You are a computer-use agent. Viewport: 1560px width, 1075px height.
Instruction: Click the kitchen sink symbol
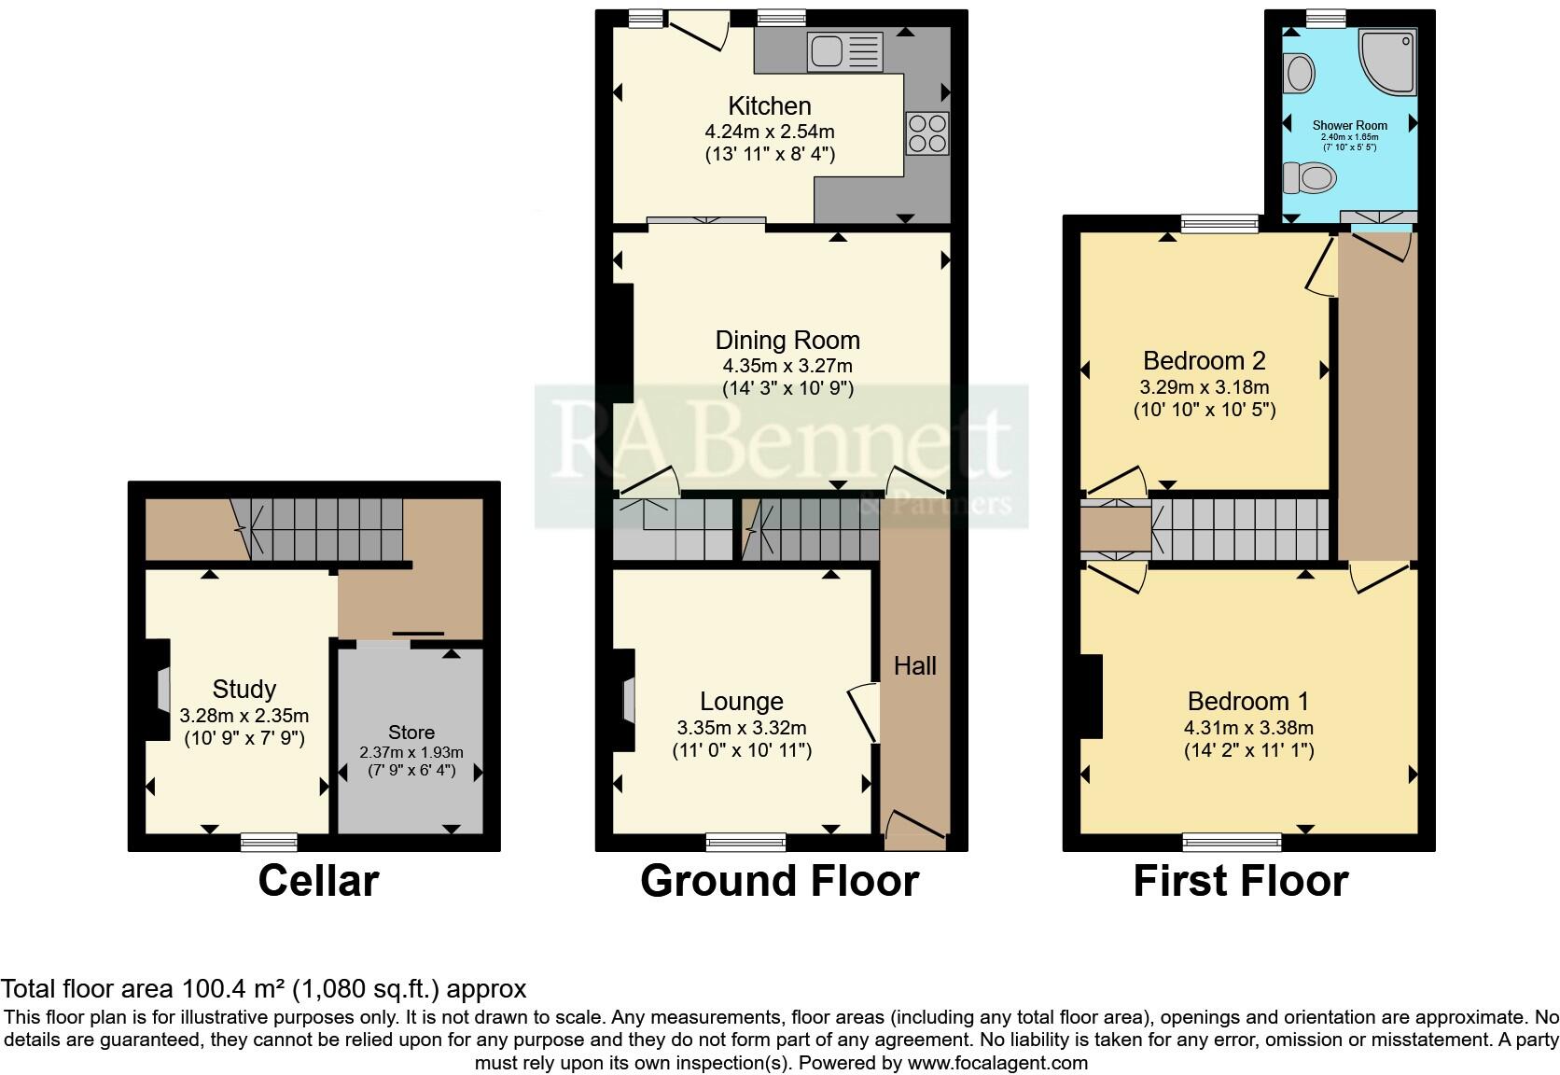coord(845,51)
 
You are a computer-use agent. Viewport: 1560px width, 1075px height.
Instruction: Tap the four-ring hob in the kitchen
coord(926,132)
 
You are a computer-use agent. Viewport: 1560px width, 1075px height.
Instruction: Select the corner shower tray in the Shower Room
coord(1388,62)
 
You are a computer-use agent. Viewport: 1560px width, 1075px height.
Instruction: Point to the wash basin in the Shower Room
coord(1299,72)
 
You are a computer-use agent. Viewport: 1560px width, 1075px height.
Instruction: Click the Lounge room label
coord(742,701)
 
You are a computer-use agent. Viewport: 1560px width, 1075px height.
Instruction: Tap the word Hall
coord(914,665)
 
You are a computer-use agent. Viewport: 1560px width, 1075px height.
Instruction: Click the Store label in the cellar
coord(411,733)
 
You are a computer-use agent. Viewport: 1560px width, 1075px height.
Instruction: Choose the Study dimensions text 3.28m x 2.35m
coord(244,716)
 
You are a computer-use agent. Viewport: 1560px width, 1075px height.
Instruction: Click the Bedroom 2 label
coord(1204,360)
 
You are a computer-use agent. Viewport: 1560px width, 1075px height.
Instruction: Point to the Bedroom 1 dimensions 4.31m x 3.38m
coord(1248,728)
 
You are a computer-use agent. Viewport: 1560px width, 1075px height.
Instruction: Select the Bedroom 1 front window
coord(1232,843)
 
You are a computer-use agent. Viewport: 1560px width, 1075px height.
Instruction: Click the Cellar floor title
coord(318,880)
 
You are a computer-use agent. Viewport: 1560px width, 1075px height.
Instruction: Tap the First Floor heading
coord(1240,880)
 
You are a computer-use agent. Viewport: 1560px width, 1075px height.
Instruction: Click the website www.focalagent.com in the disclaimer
coord(997,1062)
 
